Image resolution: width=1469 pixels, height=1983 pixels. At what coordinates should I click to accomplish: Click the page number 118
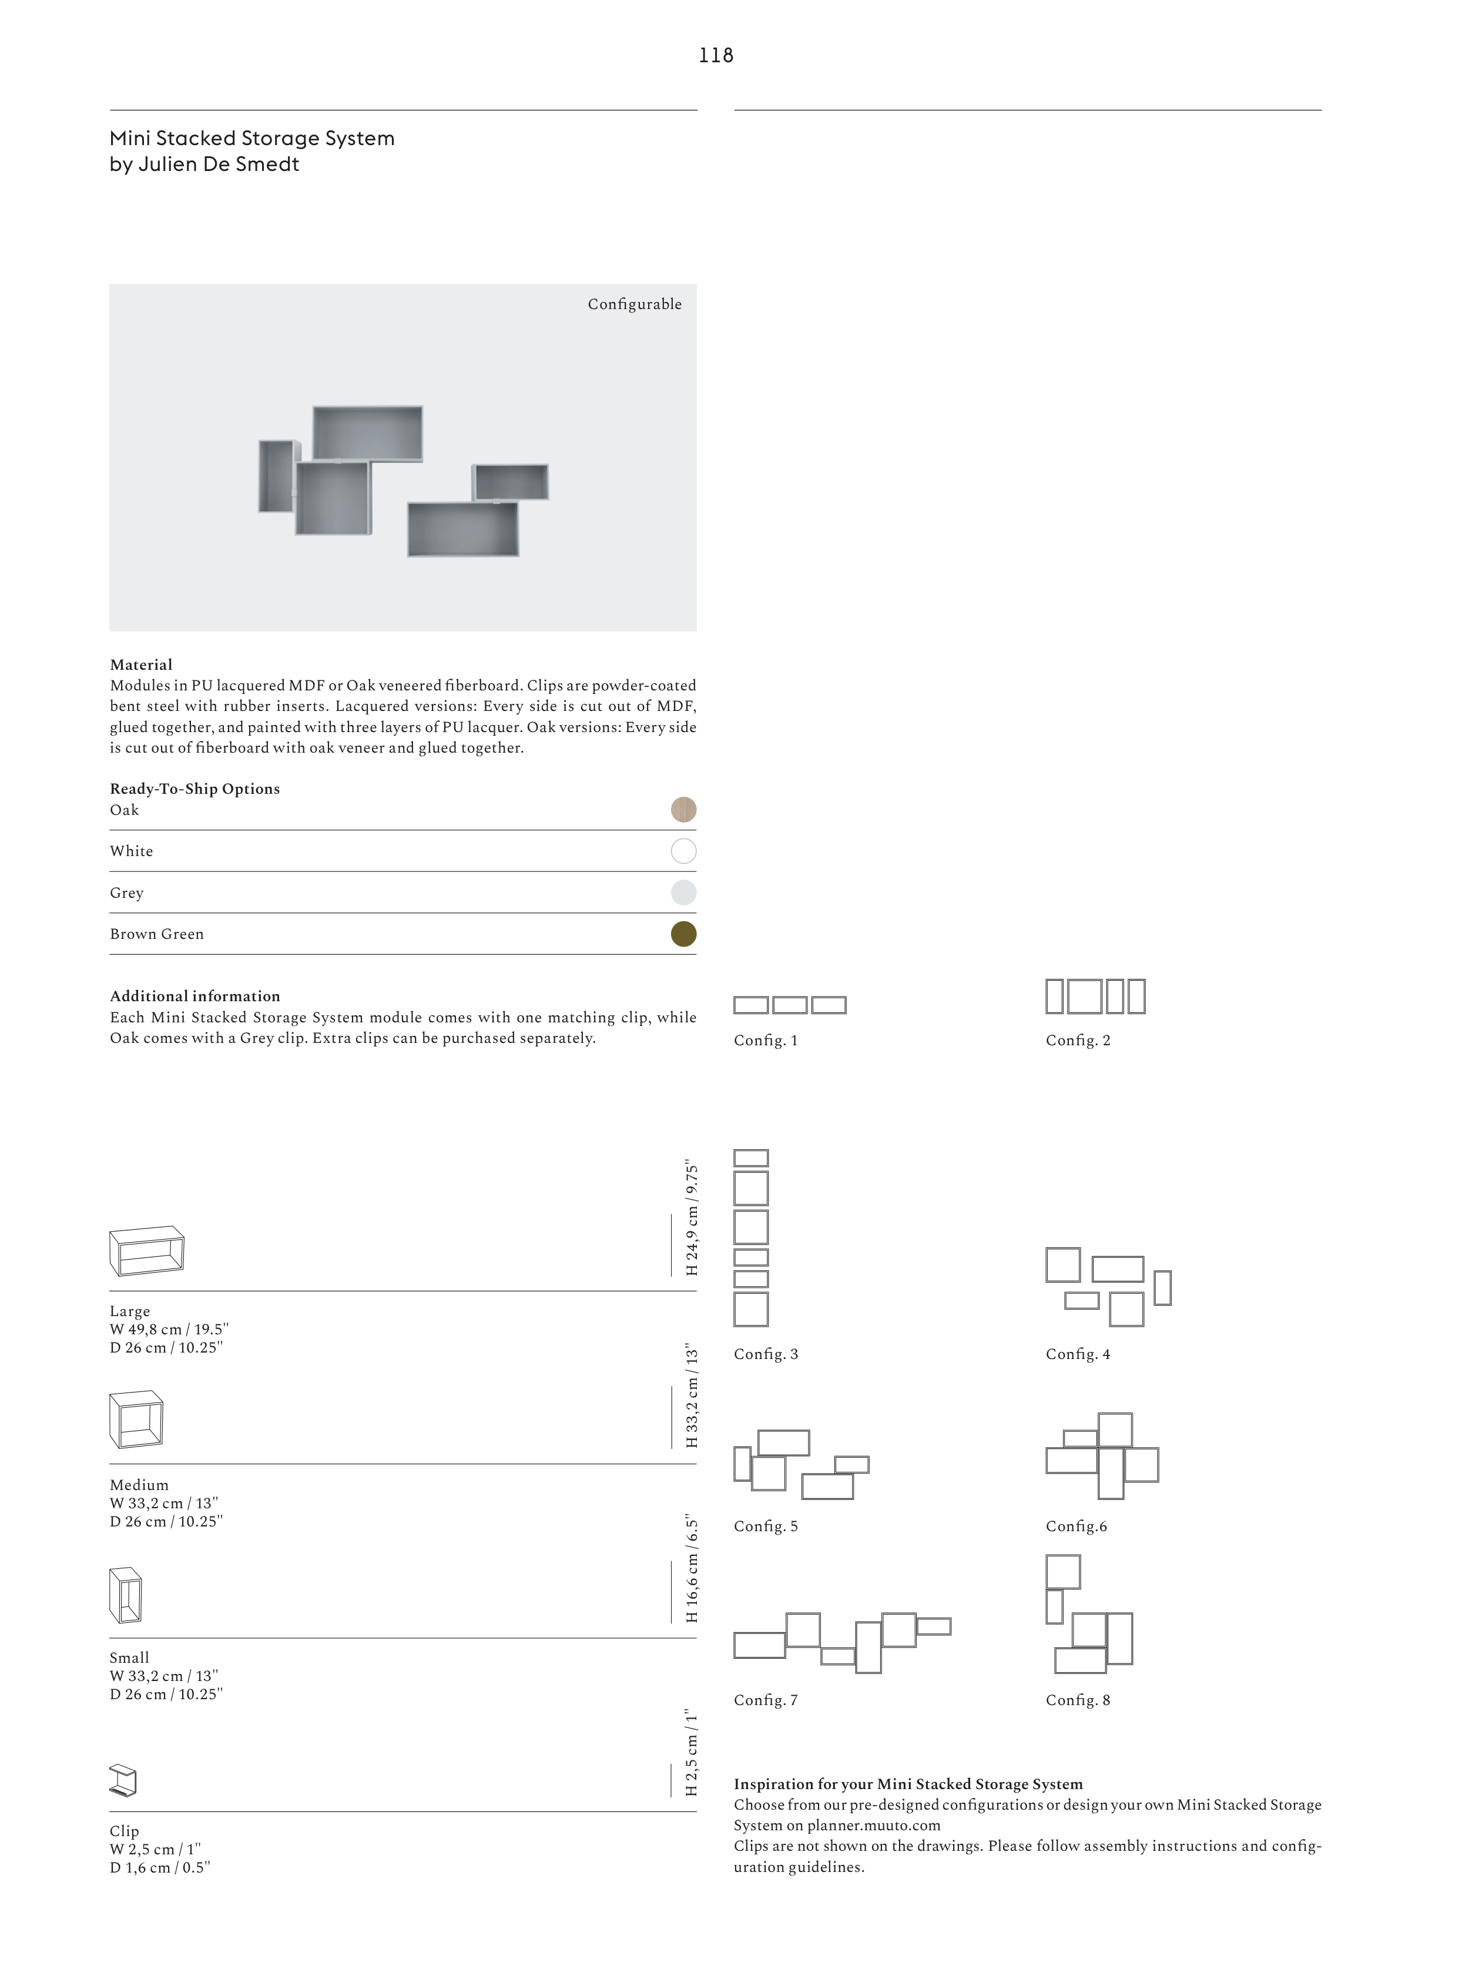click(716, 55)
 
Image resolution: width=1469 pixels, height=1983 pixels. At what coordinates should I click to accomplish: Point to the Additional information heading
click(194, 996)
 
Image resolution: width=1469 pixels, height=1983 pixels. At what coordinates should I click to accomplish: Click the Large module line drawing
click(147, 1251)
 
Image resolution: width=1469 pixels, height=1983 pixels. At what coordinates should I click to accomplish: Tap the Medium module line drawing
click(136, 1419)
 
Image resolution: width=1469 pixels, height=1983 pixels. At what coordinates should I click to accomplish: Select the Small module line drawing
click(125, 1595)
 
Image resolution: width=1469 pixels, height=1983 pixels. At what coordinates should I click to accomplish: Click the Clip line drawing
click(123, 1780)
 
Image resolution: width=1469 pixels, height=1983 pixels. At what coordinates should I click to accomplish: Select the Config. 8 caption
click(1078, 1699)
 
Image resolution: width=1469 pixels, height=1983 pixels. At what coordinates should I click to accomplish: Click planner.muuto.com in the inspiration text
click(873, 1825)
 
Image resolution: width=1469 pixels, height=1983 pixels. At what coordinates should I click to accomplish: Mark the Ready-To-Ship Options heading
click(194, 788)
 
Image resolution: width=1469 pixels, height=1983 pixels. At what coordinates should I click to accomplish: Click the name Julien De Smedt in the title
click(219, 165)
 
